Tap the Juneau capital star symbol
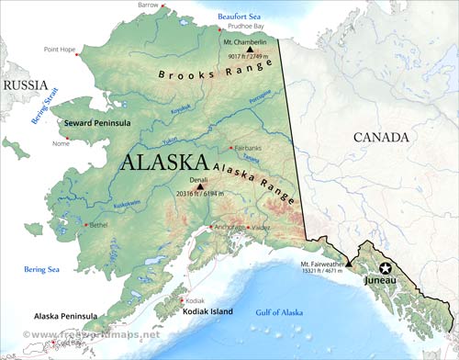tap(386, 267)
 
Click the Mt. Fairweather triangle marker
tap(348, 263)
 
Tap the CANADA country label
tap(380, 138)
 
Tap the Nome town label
tap(61, 143)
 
